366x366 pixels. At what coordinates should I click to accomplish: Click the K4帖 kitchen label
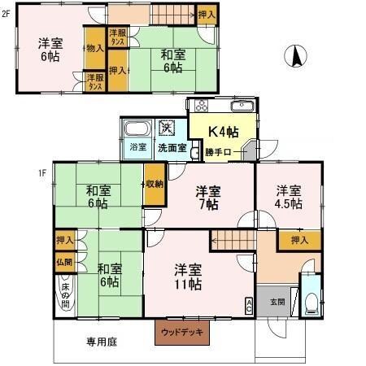(x=222, y=131)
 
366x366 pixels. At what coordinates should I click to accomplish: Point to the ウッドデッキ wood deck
(x=183, y=332)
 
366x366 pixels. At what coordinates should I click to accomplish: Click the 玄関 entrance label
(x=277, y=302)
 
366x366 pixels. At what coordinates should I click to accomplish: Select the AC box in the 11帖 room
(x=248, y=304)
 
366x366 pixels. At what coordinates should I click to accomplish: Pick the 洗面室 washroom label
(x=172, y=149)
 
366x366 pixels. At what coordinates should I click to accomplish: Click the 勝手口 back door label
(x=219, y=151)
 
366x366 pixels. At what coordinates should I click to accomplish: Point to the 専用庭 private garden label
(x=102, y=342)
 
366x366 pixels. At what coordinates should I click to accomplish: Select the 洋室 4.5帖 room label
(x=289, y=198)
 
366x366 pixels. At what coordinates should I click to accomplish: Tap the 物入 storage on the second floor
(x=95, y=49)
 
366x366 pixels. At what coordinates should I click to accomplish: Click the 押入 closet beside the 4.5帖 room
(x=299, y=240)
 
